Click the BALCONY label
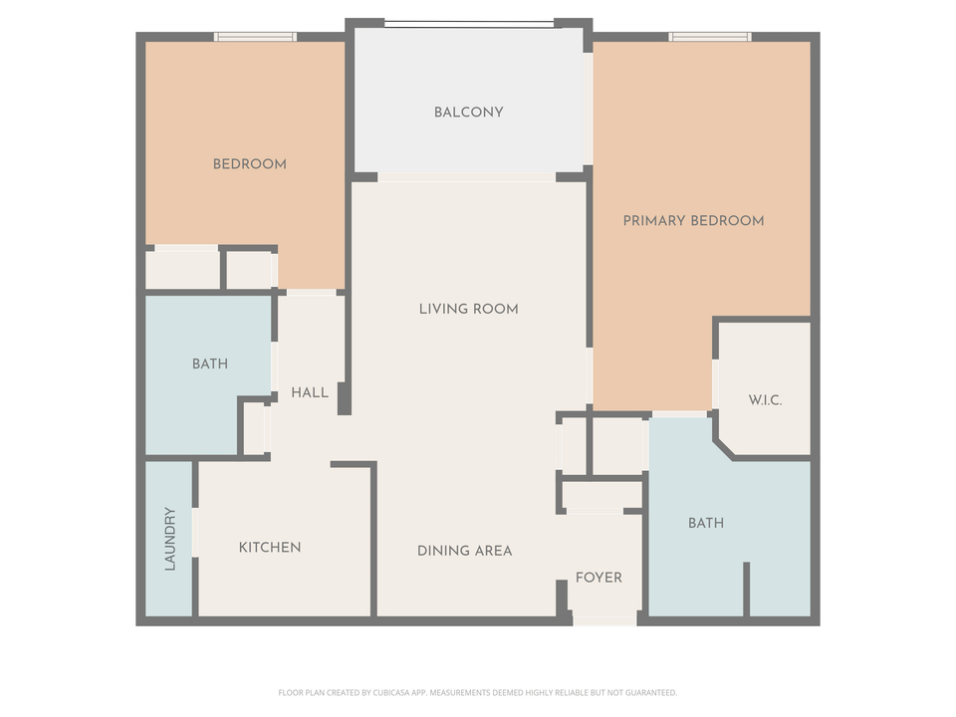click(468, 113)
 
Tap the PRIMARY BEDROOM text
click(693, 220)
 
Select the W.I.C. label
click(765, 400)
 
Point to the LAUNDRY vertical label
click(170, 539)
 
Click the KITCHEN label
click(269, 548)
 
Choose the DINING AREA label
click(464, 551)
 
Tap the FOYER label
click(598, 578)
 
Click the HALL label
click(310, 393)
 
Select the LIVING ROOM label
click(468, 309)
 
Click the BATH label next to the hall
click(209, 364)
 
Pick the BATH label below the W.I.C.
click(705, 523)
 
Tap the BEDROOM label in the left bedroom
click(249, 164)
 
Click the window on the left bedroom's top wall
click(255, 37)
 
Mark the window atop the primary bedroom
click(709, 37)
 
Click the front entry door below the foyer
click(604, 620)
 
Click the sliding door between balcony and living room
click(466, 177)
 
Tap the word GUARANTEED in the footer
click(652, 692)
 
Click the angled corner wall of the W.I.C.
click(723, 447)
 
